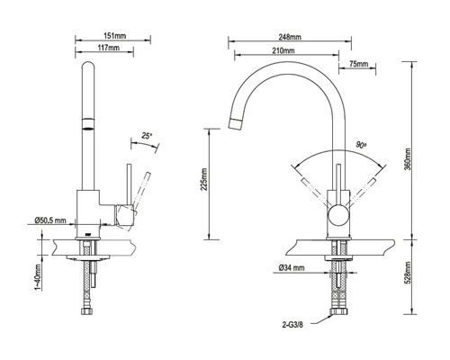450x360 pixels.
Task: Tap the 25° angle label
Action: pos(147,137)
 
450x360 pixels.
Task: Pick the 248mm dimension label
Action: pos(289,39)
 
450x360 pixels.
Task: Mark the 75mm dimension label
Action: pos(356,65)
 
